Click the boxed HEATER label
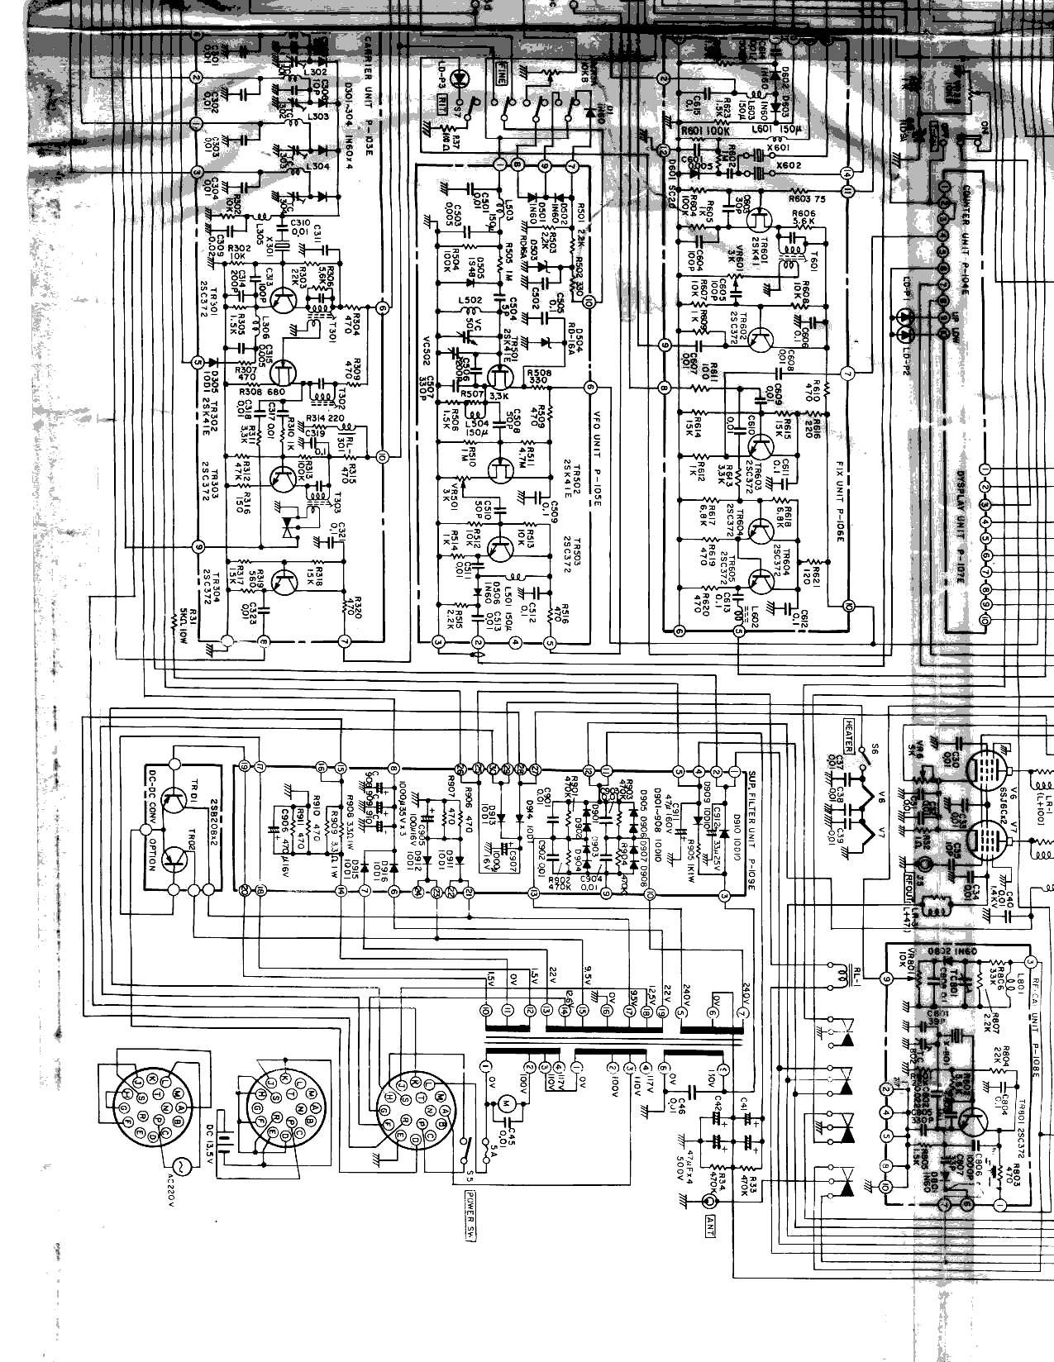pos(848,736)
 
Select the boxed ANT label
pos(708,1227)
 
